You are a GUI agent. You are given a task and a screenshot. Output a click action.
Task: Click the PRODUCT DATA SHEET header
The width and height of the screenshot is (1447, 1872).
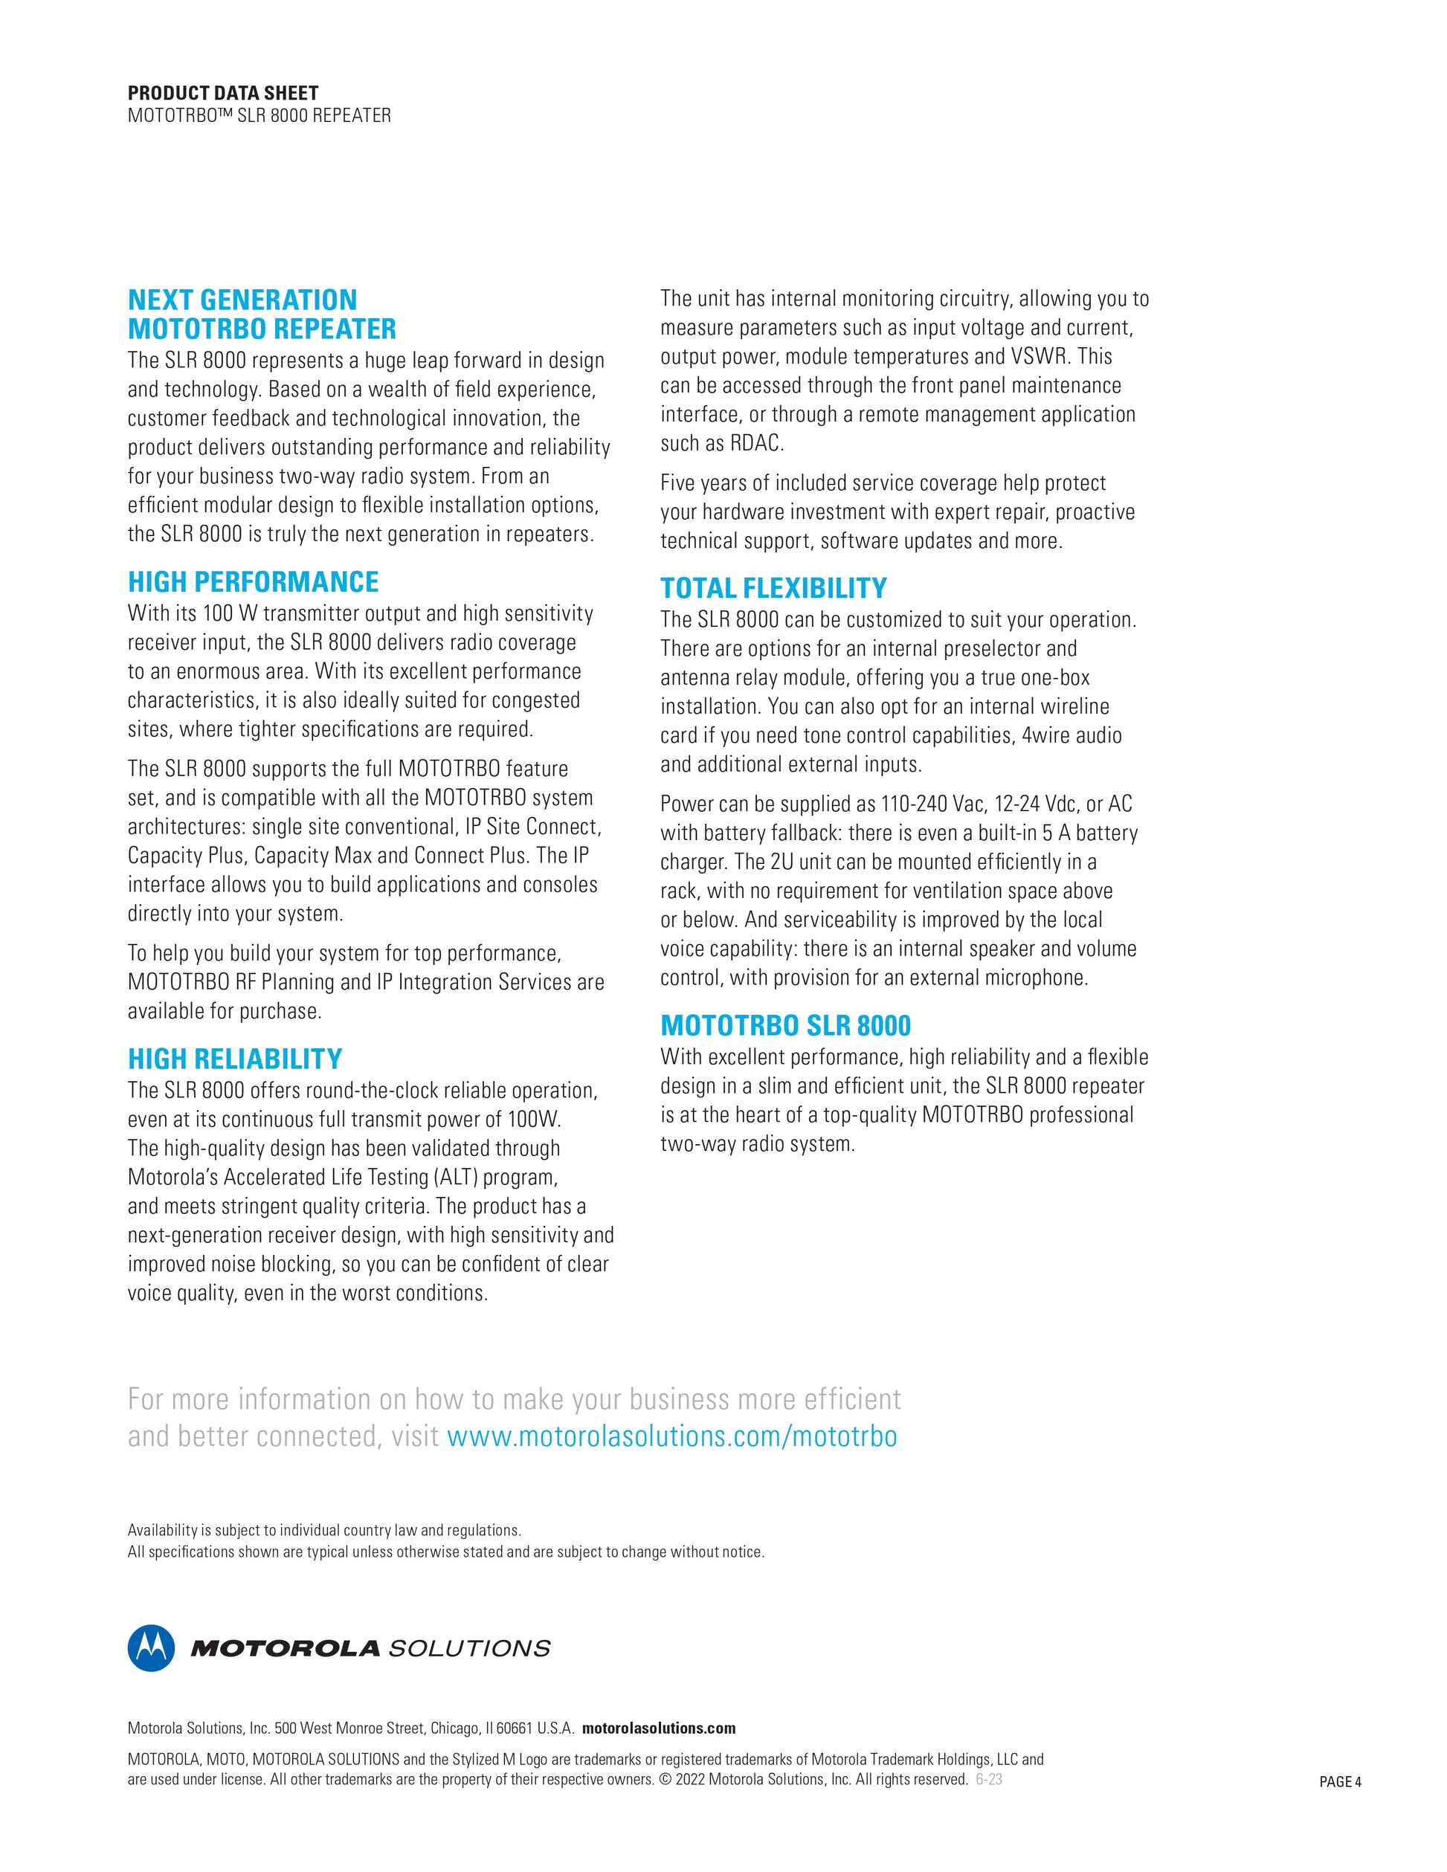click(x=223, y=94)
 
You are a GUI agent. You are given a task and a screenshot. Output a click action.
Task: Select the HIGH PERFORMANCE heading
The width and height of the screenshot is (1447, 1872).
click(x=253, y=582)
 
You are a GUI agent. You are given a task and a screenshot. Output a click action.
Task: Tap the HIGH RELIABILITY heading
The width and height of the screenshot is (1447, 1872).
click(x=235, y=1059)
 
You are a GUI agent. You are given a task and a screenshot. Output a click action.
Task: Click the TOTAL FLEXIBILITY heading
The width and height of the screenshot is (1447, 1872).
click(x=773, y=588)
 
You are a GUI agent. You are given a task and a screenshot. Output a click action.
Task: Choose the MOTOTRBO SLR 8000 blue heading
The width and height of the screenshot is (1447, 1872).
click(x=785, y=1026)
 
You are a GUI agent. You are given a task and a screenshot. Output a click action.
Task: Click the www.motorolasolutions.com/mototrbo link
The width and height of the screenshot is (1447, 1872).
click(x=672, y=1436)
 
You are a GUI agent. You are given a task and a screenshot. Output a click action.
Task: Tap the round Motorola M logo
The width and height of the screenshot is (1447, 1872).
click(x=151, y=1648)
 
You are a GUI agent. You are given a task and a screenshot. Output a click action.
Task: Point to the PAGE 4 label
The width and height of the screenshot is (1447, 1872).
click(x=1340, y=1783)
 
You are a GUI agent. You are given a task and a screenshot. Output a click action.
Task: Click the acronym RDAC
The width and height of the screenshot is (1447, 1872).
click(x=756, y=444)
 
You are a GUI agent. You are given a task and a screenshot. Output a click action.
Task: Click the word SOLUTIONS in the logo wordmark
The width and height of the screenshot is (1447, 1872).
click(x=470, y=1649)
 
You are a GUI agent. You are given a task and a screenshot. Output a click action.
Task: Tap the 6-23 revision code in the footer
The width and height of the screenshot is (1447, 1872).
click(x=989, y=1779)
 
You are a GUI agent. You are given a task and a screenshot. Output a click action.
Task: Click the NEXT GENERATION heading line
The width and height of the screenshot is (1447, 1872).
click(x=242, y=300)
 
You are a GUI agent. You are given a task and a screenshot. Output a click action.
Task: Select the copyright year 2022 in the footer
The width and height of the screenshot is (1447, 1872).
click(x=690, y=1779)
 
